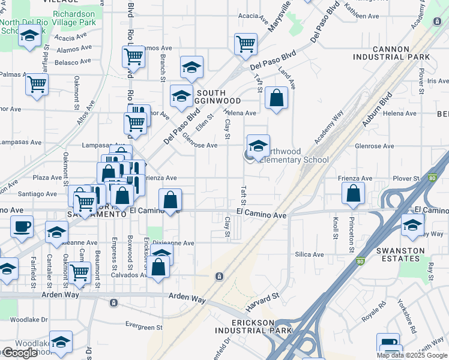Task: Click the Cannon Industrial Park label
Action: [391, 52]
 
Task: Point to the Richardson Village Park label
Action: [74, 18]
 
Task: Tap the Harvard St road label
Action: [263, 302]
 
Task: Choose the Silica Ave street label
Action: [309, 254]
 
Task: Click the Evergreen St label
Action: [144, 327]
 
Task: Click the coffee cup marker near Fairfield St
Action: [22, 227]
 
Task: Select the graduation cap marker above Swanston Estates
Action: [412, 225]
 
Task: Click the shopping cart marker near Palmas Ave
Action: [37, 84]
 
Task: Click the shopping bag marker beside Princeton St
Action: [354, 193]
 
